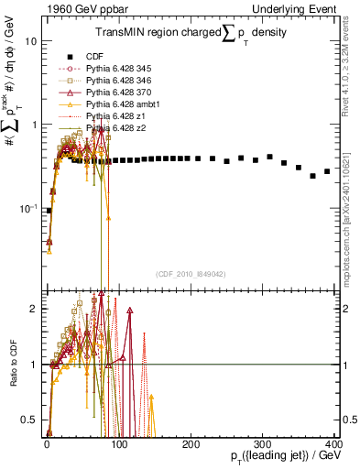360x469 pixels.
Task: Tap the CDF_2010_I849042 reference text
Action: (190, 274)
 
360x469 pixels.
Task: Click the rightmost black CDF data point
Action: (327, 171)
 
